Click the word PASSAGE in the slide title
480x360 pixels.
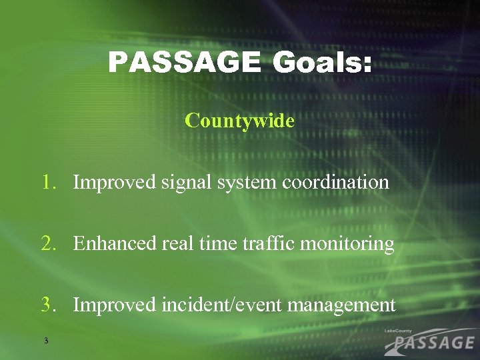click(x=183, y=64)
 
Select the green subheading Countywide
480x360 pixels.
click(x=239, y=121)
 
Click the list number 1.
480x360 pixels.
click(x=48, y=182)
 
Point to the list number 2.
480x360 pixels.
click(x=48, y=244)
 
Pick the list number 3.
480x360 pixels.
click(x=48, y=305)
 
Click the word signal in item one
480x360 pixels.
click(x=181, y=183)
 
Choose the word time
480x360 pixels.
click(x=213, y=244)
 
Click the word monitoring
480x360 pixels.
click(x=347, y=245)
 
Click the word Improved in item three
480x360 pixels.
click(x=115, y=306)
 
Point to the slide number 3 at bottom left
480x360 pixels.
click(x=45, y=341)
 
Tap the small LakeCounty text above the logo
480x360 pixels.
click(x=399, y=331)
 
